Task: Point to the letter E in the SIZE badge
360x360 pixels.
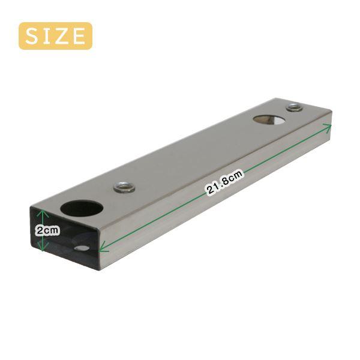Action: coord(78,36)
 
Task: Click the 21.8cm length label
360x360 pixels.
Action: coord(225,182)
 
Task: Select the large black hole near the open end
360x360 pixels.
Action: coord(82,208)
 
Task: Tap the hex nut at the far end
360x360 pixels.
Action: coord(295,107)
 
